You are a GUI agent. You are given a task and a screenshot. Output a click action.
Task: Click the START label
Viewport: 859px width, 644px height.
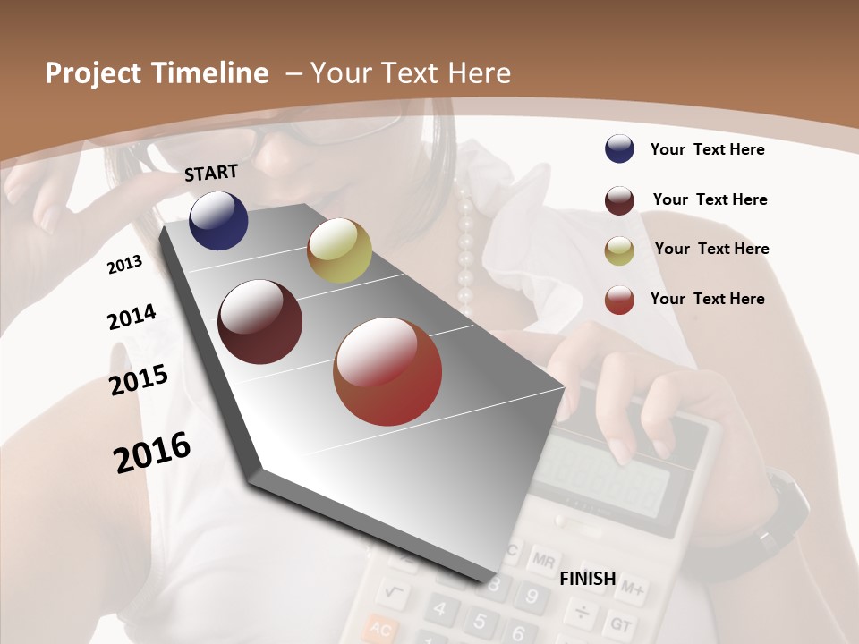tap(211, 173)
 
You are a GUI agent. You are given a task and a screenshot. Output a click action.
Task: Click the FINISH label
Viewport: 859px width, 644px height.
tap(588, 579)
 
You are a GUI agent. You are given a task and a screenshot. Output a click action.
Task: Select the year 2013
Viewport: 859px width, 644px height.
tap(124, 264)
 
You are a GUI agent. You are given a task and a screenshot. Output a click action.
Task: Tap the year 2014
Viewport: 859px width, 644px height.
tap(132, 317)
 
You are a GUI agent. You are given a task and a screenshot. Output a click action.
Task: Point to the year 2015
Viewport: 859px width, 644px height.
tap(139, 379)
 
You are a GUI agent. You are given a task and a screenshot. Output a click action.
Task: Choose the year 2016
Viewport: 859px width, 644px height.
tap(152, 452)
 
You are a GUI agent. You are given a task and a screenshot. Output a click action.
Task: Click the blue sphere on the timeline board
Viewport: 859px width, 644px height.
tap(218, 220)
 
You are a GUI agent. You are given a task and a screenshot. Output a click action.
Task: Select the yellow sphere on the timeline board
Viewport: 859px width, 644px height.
tap(339, 250)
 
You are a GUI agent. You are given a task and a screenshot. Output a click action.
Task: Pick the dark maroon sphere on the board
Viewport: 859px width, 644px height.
tap(259, 322)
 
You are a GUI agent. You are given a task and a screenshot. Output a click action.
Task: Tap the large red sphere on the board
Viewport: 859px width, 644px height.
tap(387, 371)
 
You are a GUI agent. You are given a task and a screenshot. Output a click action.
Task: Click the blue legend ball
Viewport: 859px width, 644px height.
tap(619, 148)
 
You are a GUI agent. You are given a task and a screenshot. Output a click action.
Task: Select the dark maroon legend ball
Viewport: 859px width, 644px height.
tap(619, 199)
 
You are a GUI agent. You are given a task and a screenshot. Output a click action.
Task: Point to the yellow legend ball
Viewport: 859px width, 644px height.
tap(619, 250)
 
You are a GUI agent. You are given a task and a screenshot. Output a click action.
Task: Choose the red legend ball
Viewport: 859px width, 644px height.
tap(619, 300)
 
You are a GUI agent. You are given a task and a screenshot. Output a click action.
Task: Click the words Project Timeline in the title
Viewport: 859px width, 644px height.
tap(157, 73)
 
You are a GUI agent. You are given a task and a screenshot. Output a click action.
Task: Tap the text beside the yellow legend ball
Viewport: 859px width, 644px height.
tap(711, 249)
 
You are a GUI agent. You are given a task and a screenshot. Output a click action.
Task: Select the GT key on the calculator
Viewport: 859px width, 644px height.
tap(620, 622)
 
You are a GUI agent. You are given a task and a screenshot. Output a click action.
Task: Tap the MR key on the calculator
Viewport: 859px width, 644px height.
tap(542, 561)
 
